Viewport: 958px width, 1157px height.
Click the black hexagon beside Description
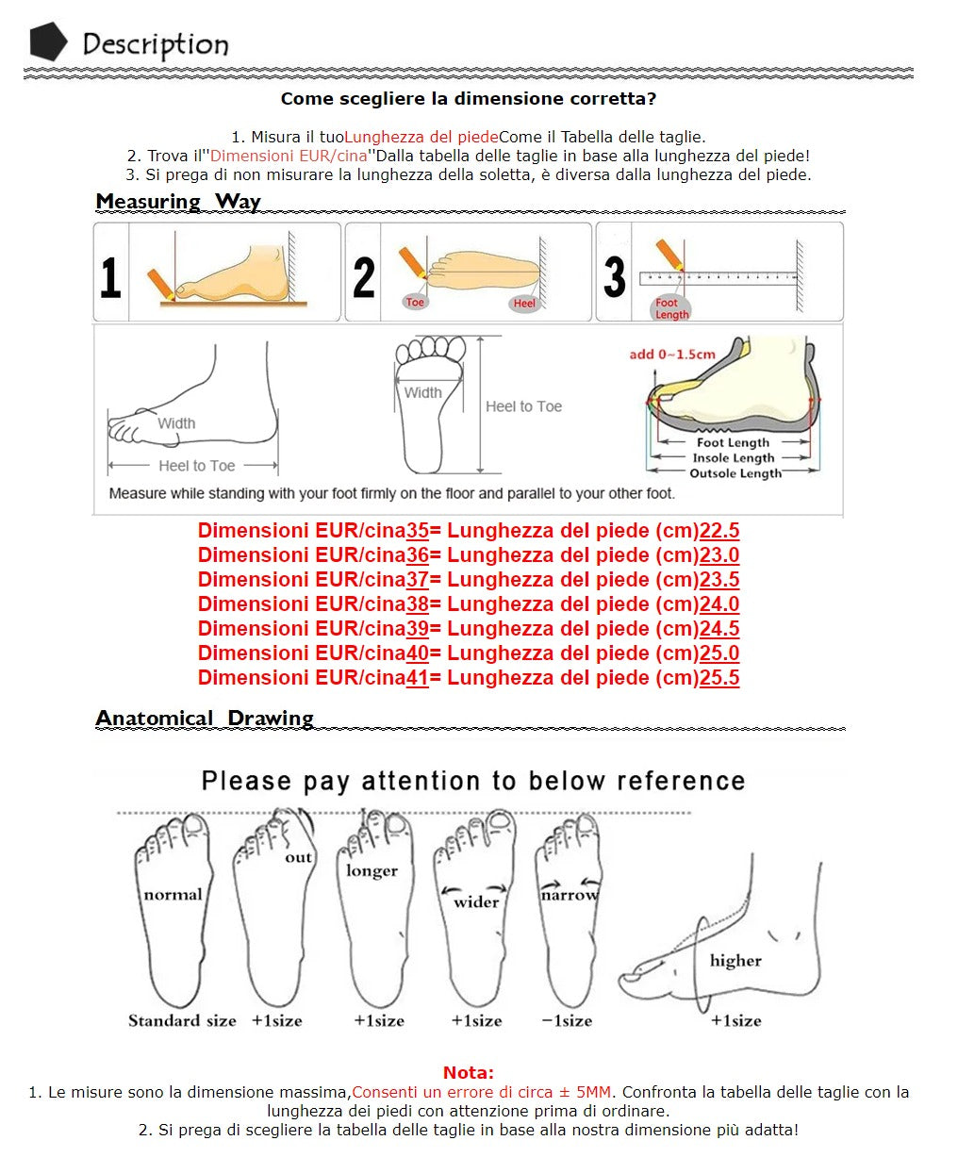pyautogui.click(x=49, y=41)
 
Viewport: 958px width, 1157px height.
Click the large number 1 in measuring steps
pyautogui.click(x=110, y=277)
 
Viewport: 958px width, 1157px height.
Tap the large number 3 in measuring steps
pyautogui.click(x=615, y=277)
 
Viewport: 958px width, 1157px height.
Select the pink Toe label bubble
pyautogui.click(x=415, y=302)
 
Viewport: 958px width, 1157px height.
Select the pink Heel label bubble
pyautogui.click(x=524, y=303)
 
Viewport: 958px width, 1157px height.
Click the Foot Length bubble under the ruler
pyautogui.click(x=671, y=308)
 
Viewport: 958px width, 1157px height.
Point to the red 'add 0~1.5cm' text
pyautogui.click(x=672, y=355)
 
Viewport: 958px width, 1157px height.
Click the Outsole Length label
pyautogui.click(x=735, y=473)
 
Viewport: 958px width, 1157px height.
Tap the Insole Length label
pyautogui.click(x=733, y=457)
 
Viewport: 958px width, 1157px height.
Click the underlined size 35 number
pyautogui.click(x=417, y=530)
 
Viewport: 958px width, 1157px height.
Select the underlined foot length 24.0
pyautogui.click(x=719, y=604)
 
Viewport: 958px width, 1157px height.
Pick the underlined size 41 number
pyautogui.click(x=417, y=678)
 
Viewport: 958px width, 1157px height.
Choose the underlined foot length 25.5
pyautogui.click(x=719, y=678)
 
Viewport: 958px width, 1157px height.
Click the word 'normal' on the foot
pyautogui.click(x=173, y=895)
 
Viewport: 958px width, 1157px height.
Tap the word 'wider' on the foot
pyautogui.click(x=476, y=902)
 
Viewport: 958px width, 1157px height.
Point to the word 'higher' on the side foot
pyautogui.click(x=735, y=960)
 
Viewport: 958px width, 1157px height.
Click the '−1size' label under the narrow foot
pyautogui.click(x=567, y=1020)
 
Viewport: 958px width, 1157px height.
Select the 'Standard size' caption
pyautogui.click(x=182, y=1020)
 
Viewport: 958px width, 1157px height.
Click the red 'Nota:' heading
pyautogui.click(x=469, y=1073)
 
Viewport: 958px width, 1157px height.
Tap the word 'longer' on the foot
pyautogui.click(x=372, y=871)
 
